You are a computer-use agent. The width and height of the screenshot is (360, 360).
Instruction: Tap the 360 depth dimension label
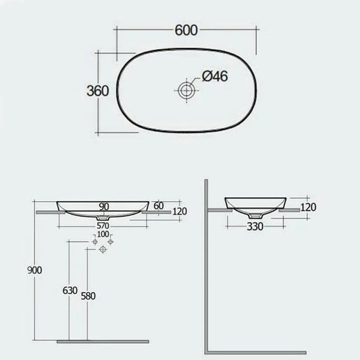[96, 92]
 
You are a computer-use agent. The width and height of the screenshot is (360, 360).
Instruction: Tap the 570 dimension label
[103, 227]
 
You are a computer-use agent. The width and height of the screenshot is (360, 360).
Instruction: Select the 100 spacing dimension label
[102, 235]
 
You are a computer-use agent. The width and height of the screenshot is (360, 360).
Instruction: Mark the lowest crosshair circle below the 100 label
[103, 250]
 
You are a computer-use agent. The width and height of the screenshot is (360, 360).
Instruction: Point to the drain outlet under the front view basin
[103, 218]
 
